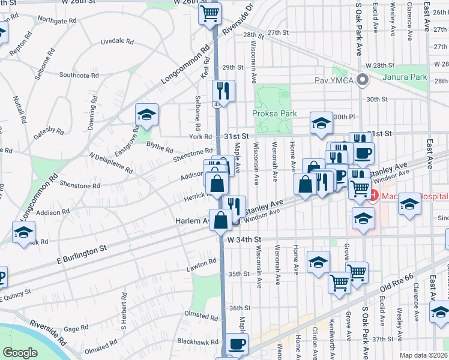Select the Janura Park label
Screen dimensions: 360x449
coord(405,77)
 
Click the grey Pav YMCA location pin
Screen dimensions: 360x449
coord(362,79)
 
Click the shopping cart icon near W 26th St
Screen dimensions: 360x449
coord(209,13)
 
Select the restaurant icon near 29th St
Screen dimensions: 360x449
coord(223,91)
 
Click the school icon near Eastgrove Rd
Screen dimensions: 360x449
coord(146,115)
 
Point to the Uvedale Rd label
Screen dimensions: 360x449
coord(116,41)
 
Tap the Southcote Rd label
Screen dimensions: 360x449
coord(79,75)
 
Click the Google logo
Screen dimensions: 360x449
coord(20,353)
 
